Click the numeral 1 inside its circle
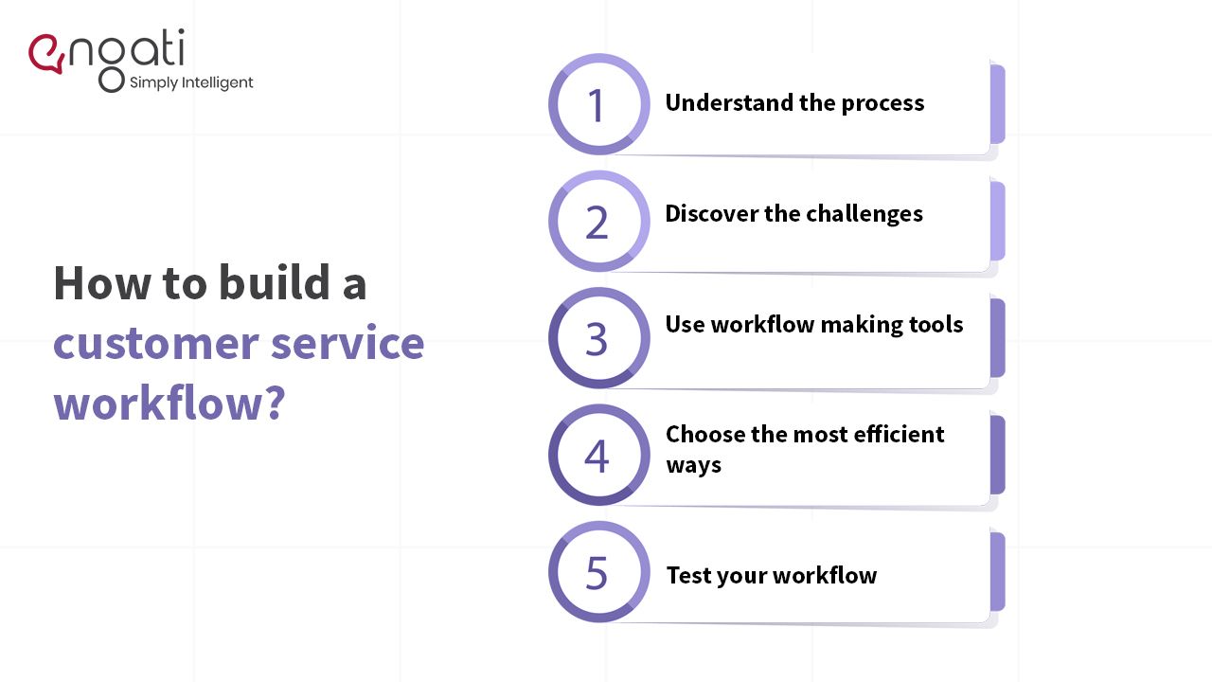(597, 105)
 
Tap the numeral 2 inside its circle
(597, 223)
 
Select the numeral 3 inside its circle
(597, 339)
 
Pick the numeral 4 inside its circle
(597, 456)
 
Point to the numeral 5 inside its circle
(597, 573)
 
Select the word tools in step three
(935, 325)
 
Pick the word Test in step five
(687, 575)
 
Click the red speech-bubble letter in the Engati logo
(45, 54)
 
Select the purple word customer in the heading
(155, 343)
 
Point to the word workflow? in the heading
(169, 402)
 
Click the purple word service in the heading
(347, 343)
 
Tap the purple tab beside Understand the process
(997, 104)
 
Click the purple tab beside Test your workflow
(997, 572)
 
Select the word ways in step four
(693, 465)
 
